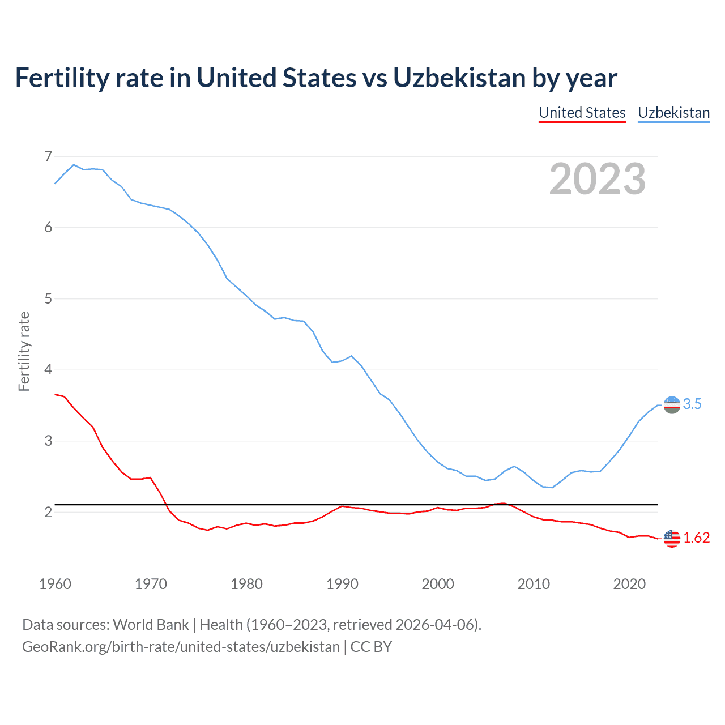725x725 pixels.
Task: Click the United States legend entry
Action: point(582,113)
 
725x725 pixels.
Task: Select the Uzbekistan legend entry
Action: point(673,113)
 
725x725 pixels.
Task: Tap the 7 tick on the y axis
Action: point(48,156)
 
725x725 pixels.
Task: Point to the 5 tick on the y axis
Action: point(48,298)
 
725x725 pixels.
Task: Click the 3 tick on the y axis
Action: point(48,441)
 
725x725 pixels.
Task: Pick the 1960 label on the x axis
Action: point(55,584)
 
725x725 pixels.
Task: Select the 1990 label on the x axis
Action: point(342,584)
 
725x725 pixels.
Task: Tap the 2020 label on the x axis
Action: point(629,584)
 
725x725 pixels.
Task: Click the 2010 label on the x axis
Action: point(534,584)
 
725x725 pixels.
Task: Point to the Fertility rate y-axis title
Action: point(24,351)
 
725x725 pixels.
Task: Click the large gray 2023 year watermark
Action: point(597,179)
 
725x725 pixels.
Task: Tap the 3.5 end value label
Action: point(692,404)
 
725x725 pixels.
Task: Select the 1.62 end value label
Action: point(696,538)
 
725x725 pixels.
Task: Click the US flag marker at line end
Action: point(672,538)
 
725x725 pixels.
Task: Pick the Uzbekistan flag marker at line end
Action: point(672,405)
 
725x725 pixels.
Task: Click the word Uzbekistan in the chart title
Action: point(459,78)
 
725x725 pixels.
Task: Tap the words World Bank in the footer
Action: point(151,625)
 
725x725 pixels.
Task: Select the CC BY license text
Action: point(371,647)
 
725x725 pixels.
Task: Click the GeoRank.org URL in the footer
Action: point(181,647)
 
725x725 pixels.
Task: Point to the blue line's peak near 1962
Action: point(74,165)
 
